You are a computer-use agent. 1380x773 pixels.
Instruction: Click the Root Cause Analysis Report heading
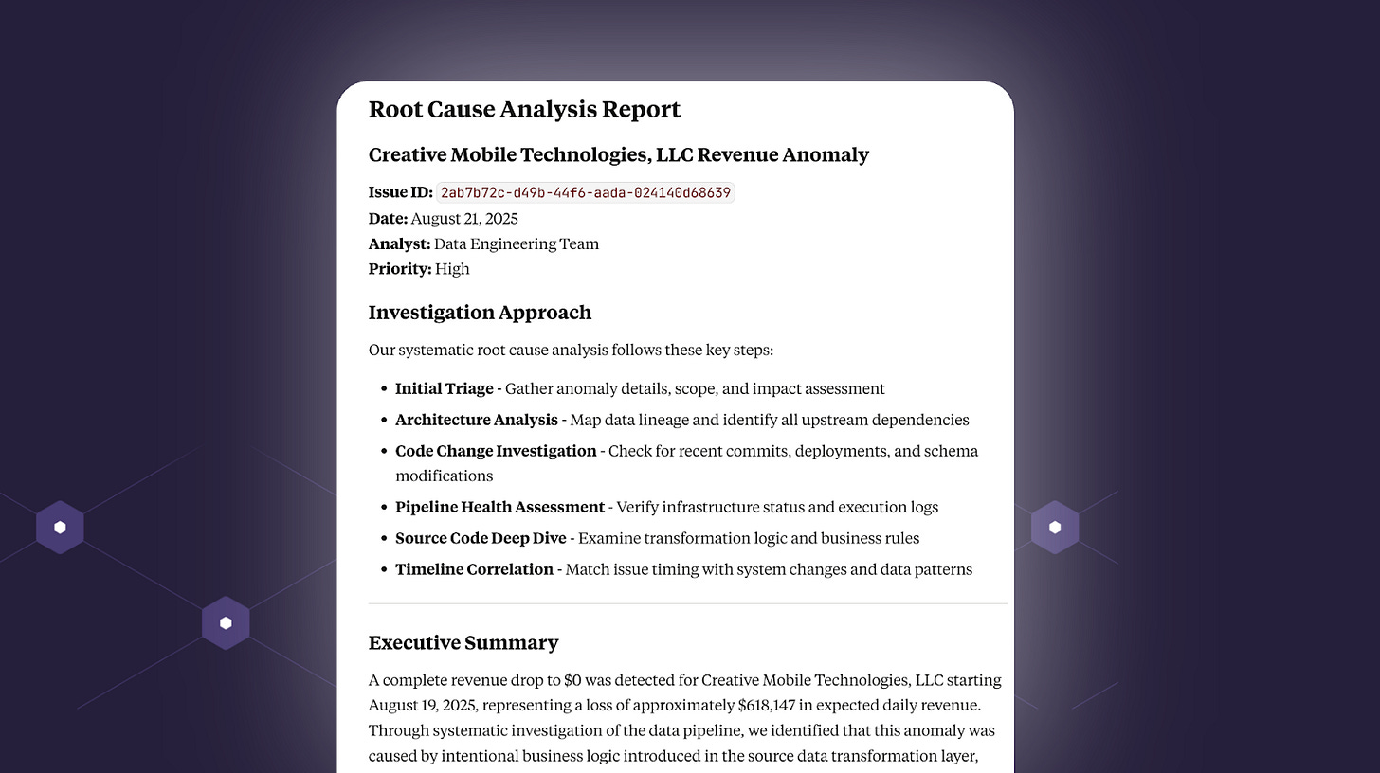point(524,110)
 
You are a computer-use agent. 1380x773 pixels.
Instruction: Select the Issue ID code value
point(586,192)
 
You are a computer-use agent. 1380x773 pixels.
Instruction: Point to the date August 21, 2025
point(464,219)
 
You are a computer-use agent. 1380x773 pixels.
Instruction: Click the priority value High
point(452,269)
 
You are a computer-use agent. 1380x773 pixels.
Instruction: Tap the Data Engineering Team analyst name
point(517,244)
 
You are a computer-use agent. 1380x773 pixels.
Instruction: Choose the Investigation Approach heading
point(480,313)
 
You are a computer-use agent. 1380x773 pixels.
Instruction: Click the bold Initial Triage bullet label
point(444,388)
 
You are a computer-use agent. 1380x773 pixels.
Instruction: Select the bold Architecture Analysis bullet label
point(477,420)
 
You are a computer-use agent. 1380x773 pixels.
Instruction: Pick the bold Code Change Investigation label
point(496,451)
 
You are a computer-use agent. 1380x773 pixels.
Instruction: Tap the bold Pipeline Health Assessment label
point(499,507)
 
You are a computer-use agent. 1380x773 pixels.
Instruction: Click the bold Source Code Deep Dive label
point(481,538)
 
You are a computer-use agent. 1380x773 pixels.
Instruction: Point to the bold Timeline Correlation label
point(474,569)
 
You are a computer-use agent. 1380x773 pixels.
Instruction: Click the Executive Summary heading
point(463,643)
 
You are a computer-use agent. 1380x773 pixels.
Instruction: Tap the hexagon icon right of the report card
point(1055,528)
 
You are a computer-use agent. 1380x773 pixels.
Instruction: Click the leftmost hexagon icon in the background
point(60,528)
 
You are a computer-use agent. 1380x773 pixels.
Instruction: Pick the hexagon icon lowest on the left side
point(226,623)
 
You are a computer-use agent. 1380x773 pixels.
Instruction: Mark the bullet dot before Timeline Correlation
point(385,570)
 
